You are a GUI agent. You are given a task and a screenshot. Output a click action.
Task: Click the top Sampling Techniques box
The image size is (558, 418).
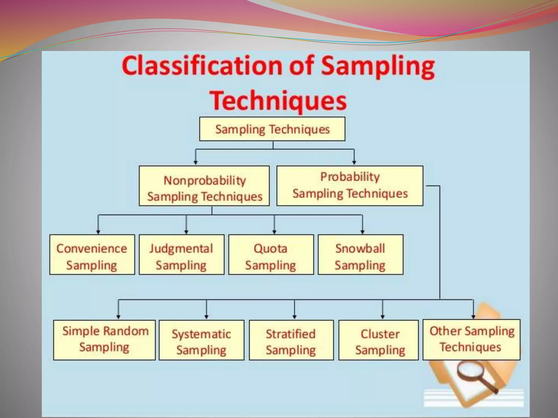[272, 129]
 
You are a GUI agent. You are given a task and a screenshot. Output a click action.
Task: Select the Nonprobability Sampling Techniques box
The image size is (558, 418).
[204, 186]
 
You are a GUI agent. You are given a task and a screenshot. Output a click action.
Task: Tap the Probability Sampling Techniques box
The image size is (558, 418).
[350, 186]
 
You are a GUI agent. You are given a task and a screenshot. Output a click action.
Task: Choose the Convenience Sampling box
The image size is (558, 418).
[92, 255]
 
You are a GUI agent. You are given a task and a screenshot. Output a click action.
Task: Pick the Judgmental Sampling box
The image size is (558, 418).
[181, 255]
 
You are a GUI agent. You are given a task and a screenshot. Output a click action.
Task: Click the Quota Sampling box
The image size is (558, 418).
[271, 255]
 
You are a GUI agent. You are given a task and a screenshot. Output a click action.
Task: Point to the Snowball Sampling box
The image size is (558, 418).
[360, 255]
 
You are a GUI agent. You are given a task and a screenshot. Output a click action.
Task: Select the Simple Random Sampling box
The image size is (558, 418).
[104, 340]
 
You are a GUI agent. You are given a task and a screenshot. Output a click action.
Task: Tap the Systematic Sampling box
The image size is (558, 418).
[201, 340]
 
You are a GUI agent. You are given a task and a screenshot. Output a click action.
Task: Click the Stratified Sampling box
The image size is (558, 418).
[291, 340]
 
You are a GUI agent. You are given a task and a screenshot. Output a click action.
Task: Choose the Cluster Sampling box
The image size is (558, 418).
[378, 340]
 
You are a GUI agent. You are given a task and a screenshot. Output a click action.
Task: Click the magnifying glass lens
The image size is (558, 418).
[466, 372]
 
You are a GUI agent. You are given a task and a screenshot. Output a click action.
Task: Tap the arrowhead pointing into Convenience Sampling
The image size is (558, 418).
[98, 232]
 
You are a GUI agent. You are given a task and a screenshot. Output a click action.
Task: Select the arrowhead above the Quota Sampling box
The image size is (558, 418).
[274, 232]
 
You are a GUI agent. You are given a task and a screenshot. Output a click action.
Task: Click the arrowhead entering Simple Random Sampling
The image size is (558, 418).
[118, 317]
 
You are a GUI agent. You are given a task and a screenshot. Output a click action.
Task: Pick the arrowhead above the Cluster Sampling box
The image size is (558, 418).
[383, 317]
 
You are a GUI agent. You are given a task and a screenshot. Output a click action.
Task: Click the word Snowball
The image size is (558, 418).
[360, 248]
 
